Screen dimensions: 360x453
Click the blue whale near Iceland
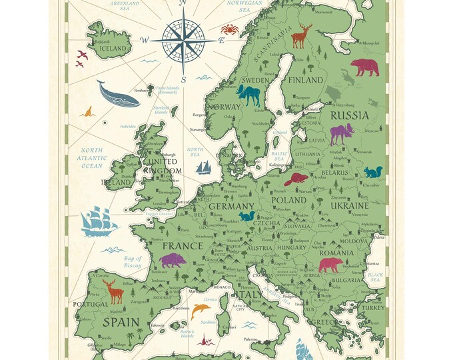point(117,94)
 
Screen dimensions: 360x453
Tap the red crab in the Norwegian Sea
point(230,29)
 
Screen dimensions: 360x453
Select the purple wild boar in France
point(175,260)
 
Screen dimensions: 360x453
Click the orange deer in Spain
point(114,290)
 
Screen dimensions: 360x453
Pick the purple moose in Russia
point(340,134)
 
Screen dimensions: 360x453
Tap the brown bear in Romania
point(329,265)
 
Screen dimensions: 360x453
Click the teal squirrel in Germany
point(247,215)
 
